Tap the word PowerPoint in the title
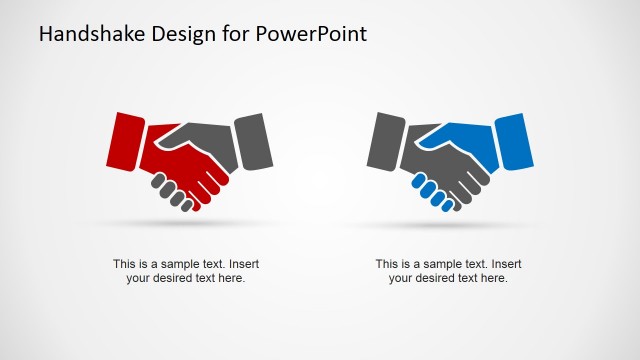312,34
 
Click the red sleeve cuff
124,139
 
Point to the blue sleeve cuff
511,139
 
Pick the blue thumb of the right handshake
450,136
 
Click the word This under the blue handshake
387,264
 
